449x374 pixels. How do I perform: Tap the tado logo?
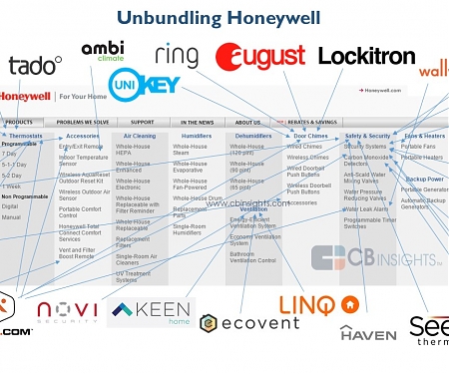click(35, 66)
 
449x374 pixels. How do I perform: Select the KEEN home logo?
click(150, 313)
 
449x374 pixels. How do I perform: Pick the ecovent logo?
click(249, 322)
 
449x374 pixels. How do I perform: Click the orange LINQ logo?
click(317, 304)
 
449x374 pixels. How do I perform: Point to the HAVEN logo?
click(367, 334)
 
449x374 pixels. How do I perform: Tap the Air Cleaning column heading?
click(140, 136)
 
